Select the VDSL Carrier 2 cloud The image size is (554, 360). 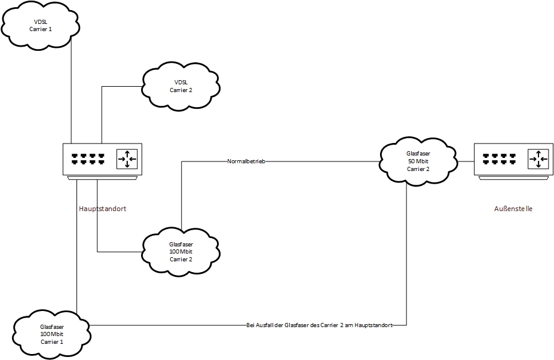[181, 86]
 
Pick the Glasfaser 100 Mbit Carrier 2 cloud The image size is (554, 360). [181, 251]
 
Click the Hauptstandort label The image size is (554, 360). [102, 209]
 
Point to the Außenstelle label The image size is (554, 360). [513, 209]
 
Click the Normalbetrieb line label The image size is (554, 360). [246, 161]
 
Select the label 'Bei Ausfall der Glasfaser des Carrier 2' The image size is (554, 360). [319, 325]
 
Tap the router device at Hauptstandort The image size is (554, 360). [103, 161]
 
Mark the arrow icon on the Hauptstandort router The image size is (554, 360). [127, 159]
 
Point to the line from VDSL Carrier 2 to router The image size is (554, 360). [102, 114]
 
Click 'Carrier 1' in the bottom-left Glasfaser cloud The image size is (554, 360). [52, 341]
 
